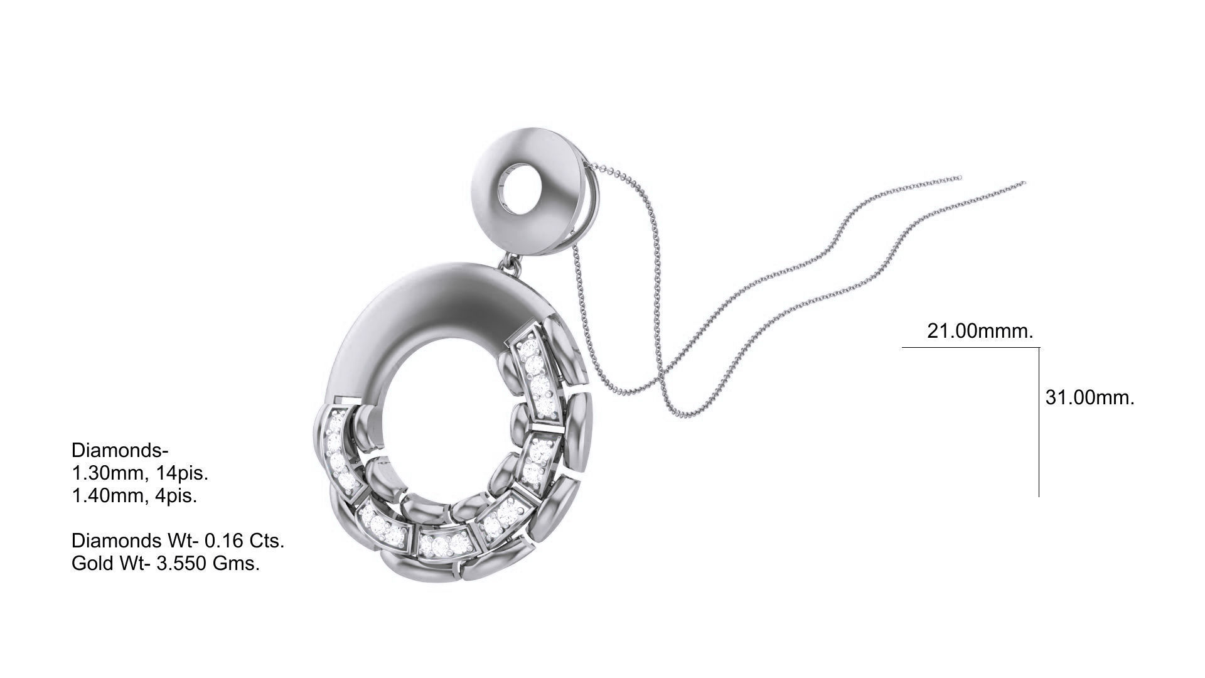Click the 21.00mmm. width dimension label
980,331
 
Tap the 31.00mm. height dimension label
1090,397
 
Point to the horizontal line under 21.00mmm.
970,347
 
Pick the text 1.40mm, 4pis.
134,496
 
